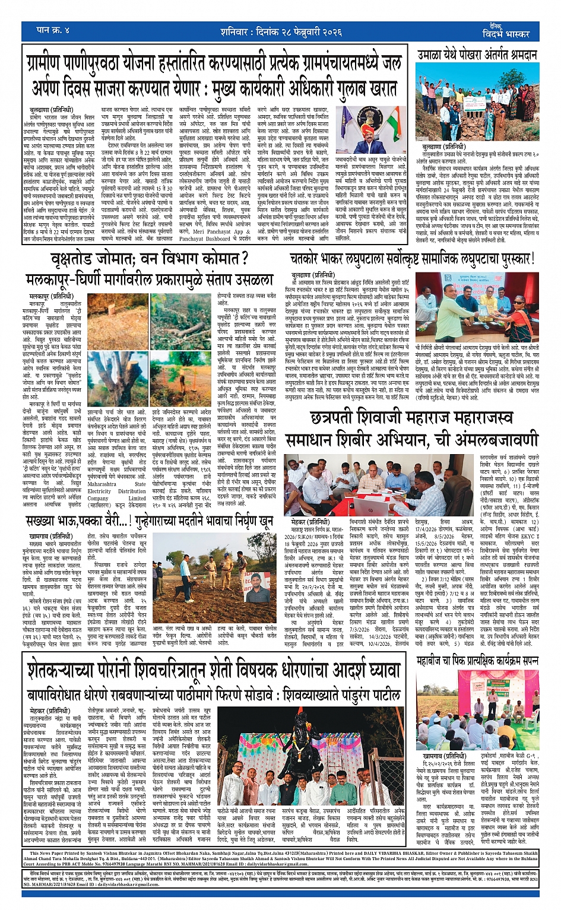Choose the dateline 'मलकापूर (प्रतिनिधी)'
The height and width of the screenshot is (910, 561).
click(x=51, y=295)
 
